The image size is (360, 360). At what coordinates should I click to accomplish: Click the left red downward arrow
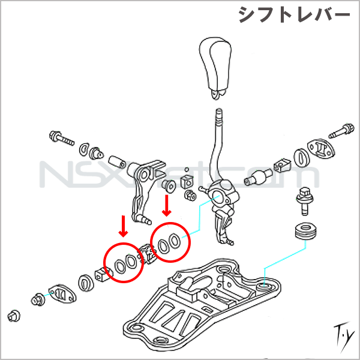(123, 225)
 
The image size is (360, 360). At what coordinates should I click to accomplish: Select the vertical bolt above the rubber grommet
(304, 201)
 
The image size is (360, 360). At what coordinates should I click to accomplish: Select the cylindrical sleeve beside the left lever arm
(116, 162)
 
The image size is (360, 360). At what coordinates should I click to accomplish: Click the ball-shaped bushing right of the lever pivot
(259, 178)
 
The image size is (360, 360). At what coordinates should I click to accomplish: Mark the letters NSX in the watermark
(72, 175)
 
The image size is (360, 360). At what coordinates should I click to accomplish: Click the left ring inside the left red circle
(118, 263)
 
